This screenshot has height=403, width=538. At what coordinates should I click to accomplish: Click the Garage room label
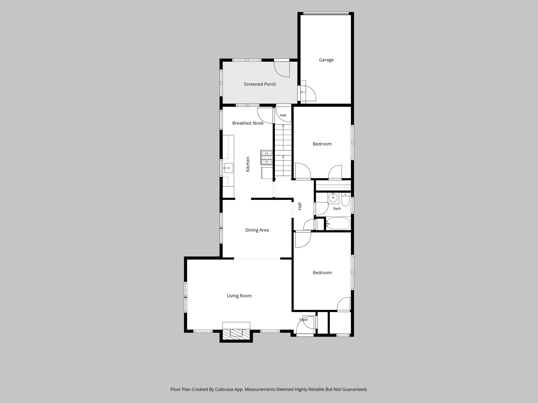(326, 60)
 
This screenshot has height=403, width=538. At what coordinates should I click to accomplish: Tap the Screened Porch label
(260, 84)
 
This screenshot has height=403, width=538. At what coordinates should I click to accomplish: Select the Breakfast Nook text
(248, 123)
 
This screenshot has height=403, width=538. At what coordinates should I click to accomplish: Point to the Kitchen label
(248, 164)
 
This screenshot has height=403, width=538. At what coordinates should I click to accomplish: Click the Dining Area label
(257, 230)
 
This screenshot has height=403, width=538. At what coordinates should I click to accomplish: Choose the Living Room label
(239, 296)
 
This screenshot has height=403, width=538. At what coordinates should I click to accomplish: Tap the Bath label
(337, 209)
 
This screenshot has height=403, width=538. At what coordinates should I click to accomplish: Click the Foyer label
(304, 320)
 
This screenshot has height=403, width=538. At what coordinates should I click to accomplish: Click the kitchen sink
(229, 168)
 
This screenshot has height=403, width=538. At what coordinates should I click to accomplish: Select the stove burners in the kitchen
(266, 157)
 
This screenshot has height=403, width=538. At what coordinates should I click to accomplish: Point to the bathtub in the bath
(338, 224)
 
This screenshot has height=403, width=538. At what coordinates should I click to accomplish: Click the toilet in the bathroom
(345, 200)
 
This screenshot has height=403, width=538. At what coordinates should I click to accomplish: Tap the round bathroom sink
(333, 198)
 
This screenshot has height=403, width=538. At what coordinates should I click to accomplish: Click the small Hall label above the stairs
(283, 115)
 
